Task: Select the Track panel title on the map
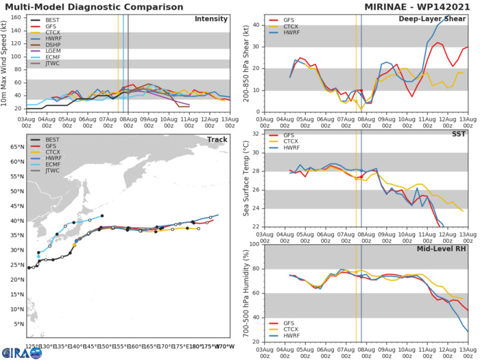(x=219, y=139)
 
